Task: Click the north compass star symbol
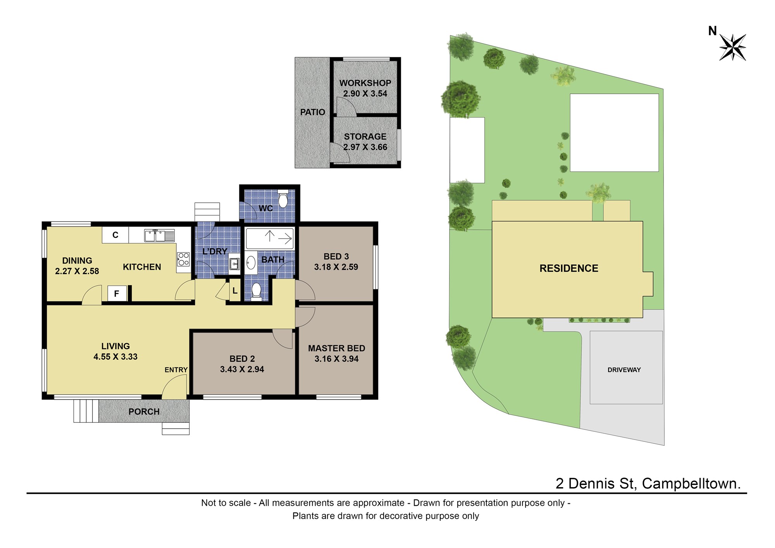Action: pos(732,47)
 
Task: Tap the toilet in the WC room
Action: pos(283,198)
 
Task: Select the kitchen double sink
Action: pos(159,235)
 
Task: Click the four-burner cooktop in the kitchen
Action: pos(183,259)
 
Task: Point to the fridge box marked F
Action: pos(117,294)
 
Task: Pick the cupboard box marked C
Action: pos(115,235)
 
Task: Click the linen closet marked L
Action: pos(235,291)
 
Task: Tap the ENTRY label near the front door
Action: pos(176,370)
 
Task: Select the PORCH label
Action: pos(144,412)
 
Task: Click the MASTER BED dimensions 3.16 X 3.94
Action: pos(336,359)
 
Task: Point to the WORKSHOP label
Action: pos(365,83)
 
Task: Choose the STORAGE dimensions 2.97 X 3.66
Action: pos(365,147)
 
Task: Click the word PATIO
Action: pos(313,112)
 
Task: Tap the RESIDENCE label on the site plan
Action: pos(569,268)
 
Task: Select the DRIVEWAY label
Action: pos(624,370)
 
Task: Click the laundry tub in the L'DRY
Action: pos(234,264)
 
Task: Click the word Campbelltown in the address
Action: pos(691,484)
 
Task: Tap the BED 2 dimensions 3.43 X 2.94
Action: pos(242,369)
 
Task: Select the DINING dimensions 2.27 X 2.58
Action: pos(77,271)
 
